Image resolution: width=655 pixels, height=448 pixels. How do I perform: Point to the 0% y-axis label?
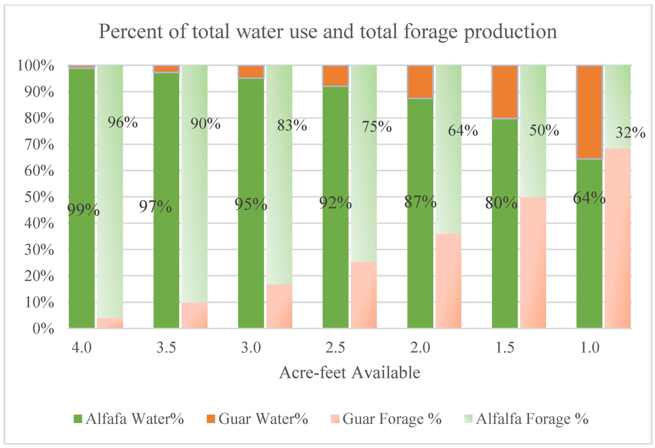tap(43, 328)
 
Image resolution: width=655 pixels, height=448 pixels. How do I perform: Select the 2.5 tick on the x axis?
tap(335, 347)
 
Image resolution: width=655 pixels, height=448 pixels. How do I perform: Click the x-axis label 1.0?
tap(590, 347)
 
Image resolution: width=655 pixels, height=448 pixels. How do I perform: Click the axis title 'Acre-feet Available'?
tap(349, 373)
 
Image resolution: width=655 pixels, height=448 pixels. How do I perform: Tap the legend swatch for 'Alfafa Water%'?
tap(78, 419)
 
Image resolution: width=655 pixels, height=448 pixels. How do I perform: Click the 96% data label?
tap(123, 122)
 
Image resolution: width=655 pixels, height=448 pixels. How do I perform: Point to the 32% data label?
tap(630, 133)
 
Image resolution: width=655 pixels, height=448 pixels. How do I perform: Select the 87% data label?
tap(420, 202)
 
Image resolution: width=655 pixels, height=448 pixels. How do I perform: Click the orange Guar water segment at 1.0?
tap(589, 113)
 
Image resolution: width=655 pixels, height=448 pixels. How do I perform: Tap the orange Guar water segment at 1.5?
tap(505, 92)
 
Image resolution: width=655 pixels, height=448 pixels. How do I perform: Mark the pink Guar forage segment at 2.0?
tap(448, 281)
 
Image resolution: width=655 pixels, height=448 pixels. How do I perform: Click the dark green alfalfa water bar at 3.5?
tap(166, 253)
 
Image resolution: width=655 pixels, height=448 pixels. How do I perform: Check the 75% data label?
tap(377, 127)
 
